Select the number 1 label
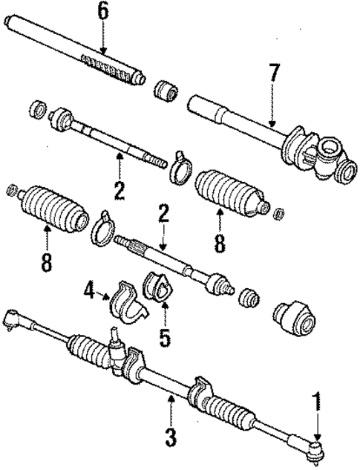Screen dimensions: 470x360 click(x=318, y=405)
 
